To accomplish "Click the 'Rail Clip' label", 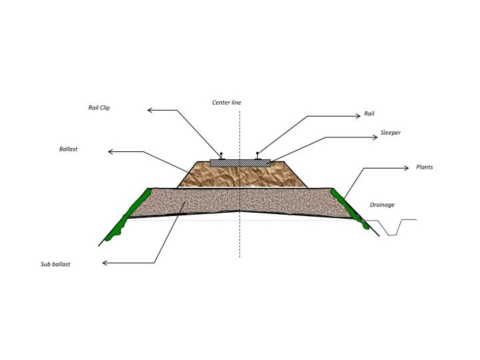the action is (99, 108).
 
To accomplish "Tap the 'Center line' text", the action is (227, 103).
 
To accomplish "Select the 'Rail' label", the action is (369, 113).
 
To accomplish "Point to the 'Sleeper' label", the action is (390, 133).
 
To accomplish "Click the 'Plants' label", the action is (424, 167).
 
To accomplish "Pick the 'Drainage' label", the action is (382, 205).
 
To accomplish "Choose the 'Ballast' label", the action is (68, 149).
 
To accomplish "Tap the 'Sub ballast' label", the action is (55, 264).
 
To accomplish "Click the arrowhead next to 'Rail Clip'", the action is (149, 110).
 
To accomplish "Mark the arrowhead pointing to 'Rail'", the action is (359, 116).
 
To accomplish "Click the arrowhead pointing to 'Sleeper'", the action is (375, 137).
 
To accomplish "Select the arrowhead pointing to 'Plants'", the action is (407, 168).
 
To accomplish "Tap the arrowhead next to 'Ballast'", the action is (110, 151).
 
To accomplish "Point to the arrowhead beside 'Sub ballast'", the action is (105, 263).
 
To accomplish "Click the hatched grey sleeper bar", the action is (240, 163).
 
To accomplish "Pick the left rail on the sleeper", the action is (221, 156).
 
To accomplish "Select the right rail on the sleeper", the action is (258, 156).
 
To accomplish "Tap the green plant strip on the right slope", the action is (349, 208).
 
